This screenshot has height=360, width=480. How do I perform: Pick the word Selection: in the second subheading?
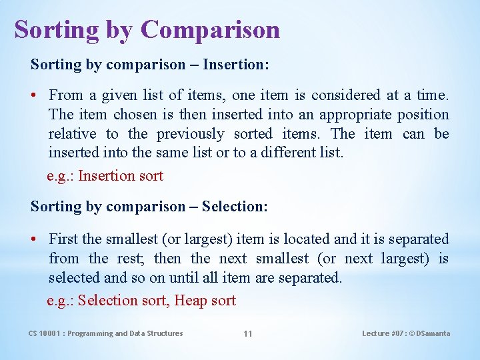tap(235, 207)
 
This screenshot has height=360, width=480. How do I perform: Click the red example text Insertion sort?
tap(121, 176)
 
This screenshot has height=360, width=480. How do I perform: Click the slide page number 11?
tap(247, 333)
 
